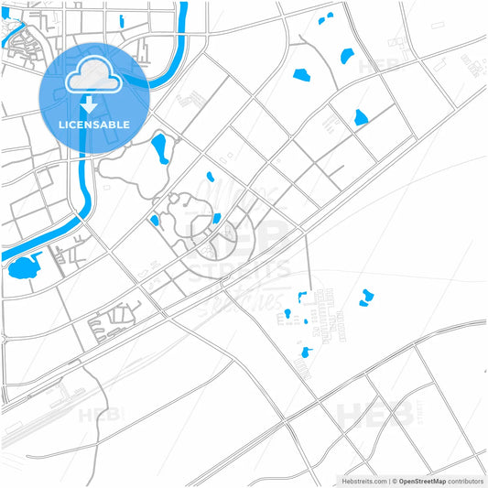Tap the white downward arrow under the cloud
(90, 103)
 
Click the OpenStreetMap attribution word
(422, 480)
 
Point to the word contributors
(466, 480)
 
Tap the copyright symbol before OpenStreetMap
(394, 480)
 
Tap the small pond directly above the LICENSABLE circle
(121, 21)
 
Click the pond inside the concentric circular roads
(216, 218)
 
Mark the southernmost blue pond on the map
(306, 352)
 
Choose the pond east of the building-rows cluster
(367, 296)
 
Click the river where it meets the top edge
(182, 5)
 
